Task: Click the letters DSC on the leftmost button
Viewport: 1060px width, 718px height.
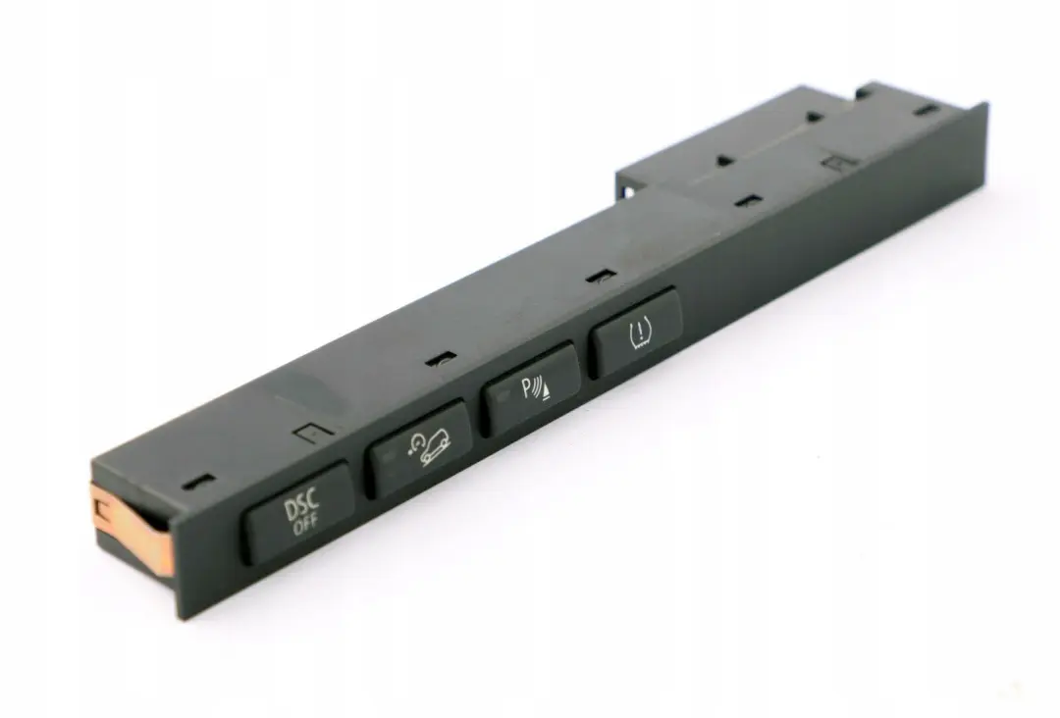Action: click(x=300, y=508)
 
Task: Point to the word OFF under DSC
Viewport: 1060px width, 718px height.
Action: click(x=304, y=528)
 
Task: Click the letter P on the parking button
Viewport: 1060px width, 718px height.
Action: click(x=527, y=388)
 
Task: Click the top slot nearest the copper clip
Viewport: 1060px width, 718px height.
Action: click(x=202, y=481)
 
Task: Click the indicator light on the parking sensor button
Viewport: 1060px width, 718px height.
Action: click(x=503, y=395)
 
